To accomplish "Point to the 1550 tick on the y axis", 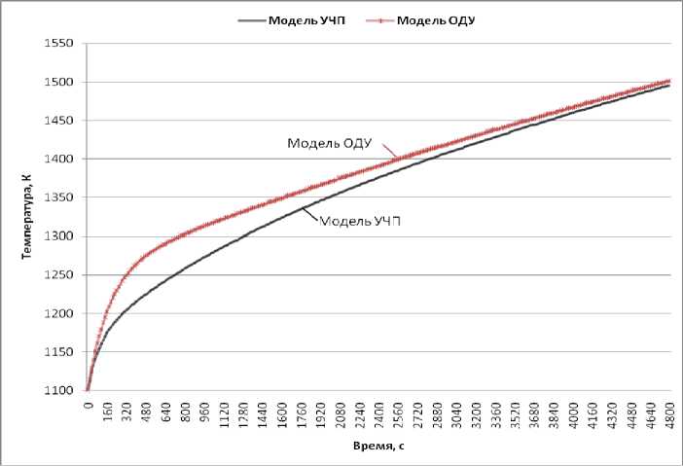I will pos(60,44).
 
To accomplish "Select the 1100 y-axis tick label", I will pos(60,391).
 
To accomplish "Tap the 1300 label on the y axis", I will pos(60,236).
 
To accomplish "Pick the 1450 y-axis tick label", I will pos(60,121).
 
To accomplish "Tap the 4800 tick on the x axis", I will pos(669,410).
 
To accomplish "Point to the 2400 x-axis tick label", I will pos(378,410).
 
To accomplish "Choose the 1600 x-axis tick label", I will pos(281,410).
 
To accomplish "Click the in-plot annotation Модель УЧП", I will pos(361,221).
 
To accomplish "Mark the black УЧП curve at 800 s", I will pos(185,265).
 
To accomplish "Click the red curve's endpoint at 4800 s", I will pos(669,81).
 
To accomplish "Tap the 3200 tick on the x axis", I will pos(476,410).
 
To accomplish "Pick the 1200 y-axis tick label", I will pos(60,313).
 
